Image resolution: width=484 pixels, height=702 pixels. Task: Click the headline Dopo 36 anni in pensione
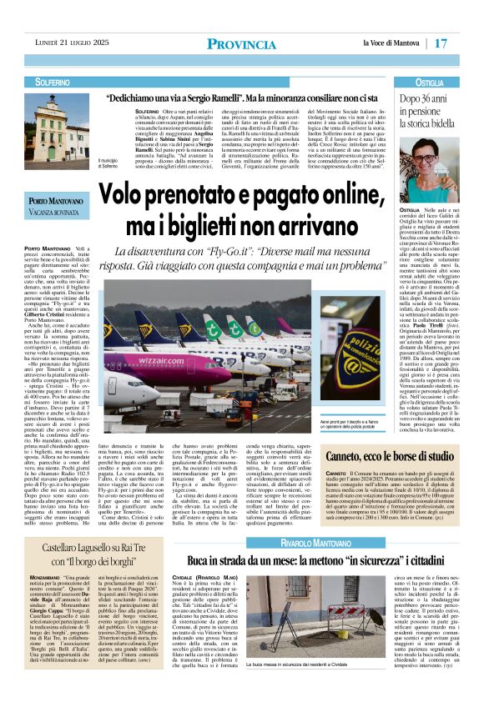click(436, 109)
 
